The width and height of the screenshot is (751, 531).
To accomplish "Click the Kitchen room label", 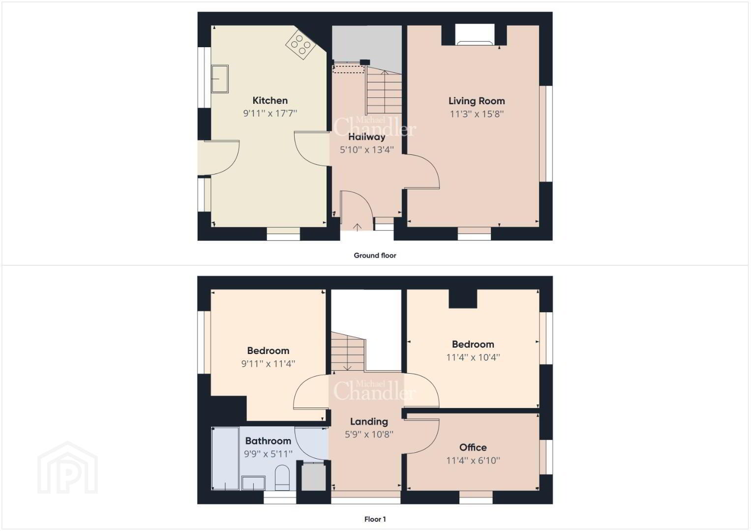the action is (x=270, y=101).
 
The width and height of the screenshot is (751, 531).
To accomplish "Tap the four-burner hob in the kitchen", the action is (x=300, y=45).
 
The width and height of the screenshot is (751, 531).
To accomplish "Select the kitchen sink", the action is (x=220, y=79).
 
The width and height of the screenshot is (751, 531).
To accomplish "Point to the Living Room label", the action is (x=477, y=101).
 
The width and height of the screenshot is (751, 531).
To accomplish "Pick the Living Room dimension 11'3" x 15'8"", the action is (x=477, y=114).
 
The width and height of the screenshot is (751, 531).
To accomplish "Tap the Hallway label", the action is (x=367, y=137).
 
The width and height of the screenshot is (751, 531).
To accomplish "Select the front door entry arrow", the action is (x=358, y=227).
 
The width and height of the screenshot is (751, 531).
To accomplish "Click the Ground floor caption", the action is (x=375, y=256).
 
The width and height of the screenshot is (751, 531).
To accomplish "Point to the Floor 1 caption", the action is (x=375, y=519).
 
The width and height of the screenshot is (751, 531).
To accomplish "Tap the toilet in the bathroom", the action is (x=282, y=478).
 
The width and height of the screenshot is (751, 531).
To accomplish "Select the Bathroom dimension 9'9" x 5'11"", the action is (x=268, y=454).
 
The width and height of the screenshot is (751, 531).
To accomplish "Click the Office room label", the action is (x=473, y=447).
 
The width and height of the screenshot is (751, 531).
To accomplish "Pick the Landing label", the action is (x=369, y=421).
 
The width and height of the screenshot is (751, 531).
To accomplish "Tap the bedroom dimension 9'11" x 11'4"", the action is (x=268, y=363).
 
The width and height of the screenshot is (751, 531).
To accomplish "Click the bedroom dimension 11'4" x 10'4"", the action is (x=473, y=357).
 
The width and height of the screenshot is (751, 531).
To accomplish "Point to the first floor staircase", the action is (x=348, y=352).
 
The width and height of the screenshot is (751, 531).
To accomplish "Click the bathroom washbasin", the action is (x=253, y=483).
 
